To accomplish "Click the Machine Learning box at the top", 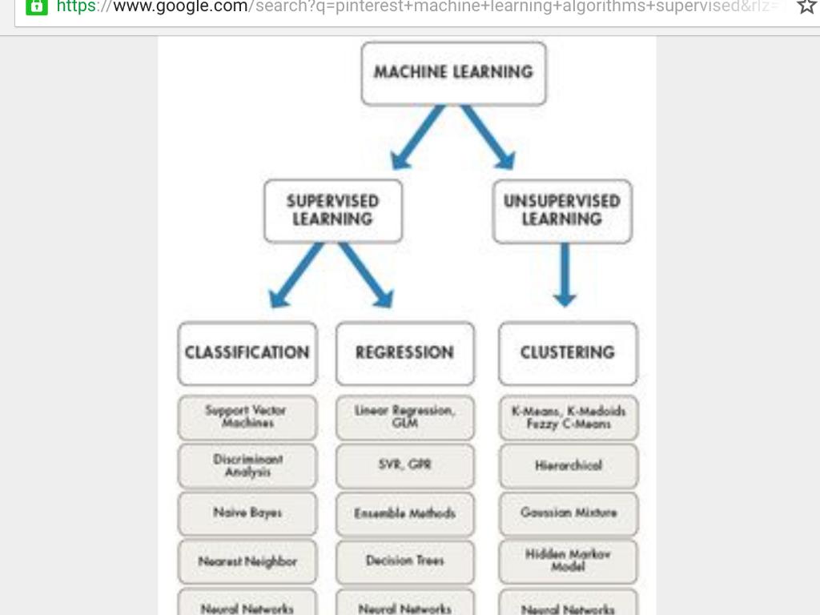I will click(x=453, y=74).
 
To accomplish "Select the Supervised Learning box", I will click(x=332, y=211).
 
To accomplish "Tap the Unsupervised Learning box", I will click(x=562, y=211).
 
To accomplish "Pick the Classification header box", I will click(x=247, y=353).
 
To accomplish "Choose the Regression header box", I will click(x=404, y=353).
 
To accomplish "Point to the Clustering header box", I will click(x=568, y=353).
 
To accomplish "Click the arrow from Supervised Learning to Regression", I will click(x=366, y=275).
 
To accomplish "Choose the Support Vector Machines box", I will click(x=247, y=417).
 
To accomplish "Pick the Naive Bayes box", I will click(x=247, y=513).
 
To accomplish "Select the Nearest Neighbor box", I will click(x=247, y=561).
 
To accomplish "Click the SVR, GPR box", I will click(x=404, y=465).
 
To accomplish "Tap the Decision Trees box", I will click(x=404, y=561).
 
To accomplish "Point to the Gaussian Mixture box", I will click(x=568, y=513).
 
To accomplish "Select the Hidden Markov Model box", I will click(x=568, y=561).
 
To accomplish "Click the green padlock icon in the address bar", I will click(x=37, y=6).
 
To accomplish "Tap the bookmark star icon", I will click(x=806, y=6).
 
